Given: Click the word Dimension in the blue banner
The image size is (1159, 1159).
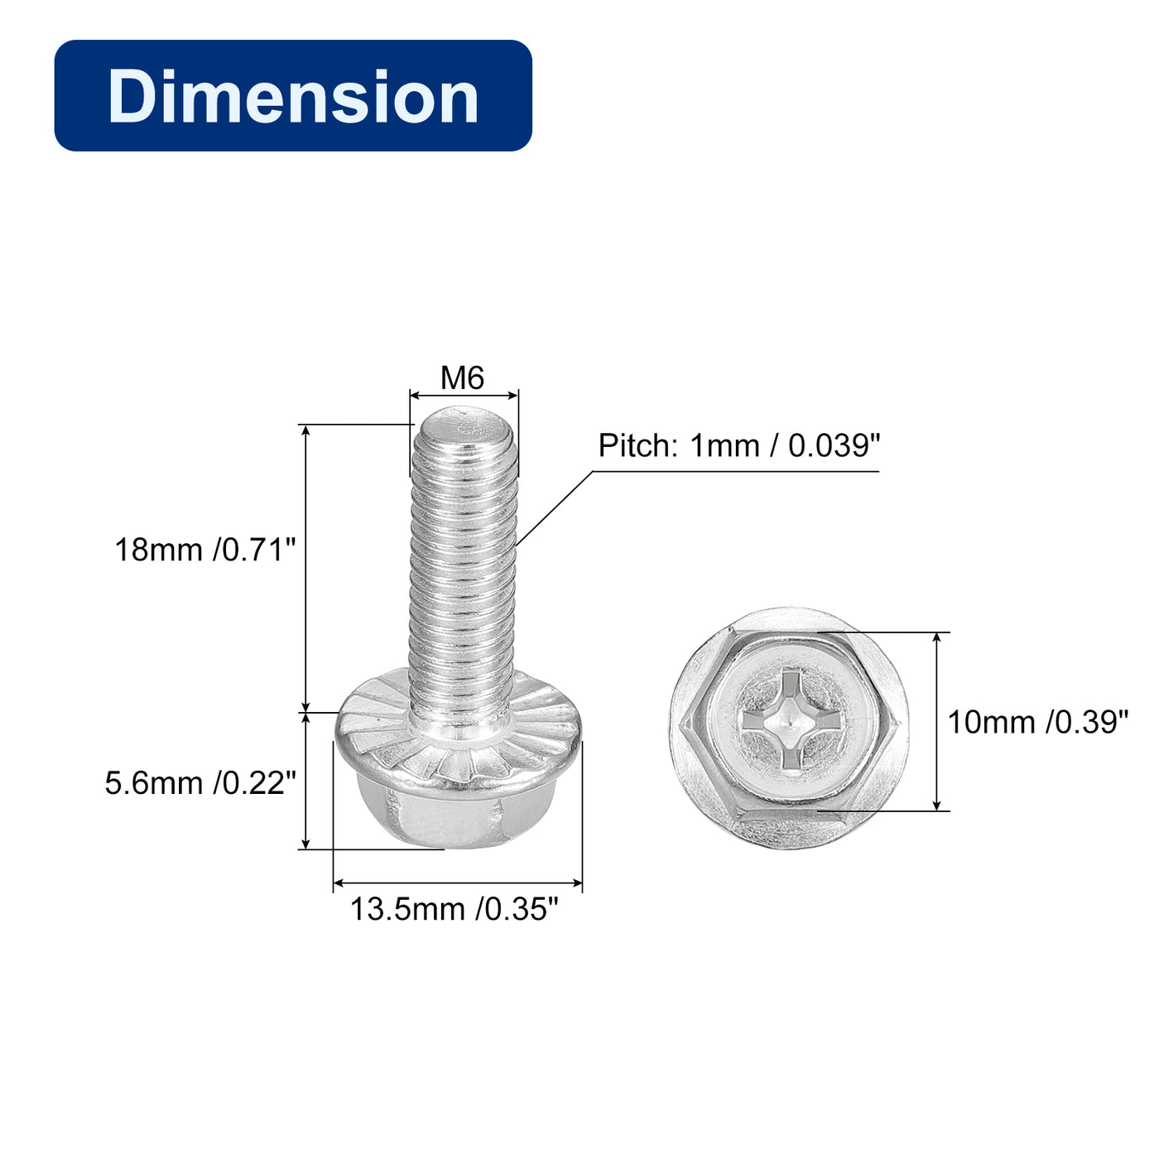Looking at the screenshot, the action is [293, 96].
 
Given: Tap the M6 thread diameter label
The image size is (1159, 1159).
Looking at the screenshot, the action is [462, 378].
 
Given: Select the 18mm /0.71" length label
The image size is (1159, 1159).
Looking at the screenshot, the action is [205, 550].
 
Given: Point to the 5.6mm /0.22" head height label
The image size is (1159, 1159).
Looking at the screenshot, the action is [200, 783].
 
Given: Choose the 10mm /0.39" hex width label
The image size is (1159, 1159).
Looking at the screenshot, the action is [1037, 722].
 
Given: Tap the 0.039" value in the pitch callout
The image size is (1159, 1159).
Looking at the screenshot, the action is [834, 446].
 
